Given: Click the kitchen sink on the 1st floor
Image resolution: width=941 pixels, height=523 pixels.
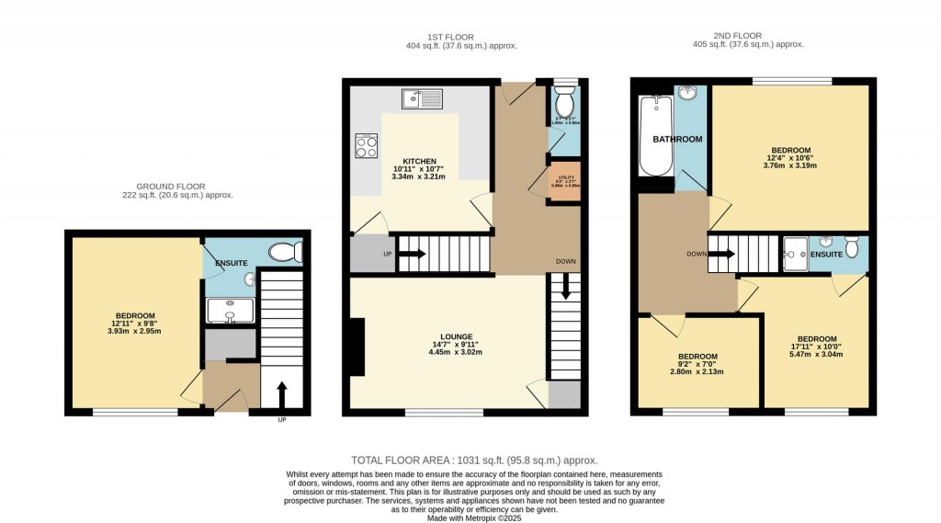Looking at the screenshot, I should point(423,97).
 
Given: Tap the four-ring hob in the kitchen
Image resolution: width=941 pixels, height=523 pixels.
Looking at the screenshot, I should point(367,146).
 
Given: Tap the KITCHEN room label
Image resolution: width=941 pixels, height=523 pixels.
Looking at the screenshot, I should point(404,161).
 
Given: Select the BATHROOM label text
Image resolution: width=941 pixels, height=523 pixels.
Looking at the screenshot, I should point(677,140).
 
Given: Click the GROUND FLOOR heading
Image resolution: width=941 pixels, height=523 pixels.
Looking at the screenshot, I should point(177,186).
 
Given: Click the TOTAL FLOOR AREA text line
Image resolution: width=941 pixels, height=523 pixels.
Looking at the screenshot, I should point(474,460).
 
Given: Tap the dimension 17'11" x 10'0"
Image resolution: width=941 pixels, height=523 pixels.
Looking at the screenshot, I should point(816,347).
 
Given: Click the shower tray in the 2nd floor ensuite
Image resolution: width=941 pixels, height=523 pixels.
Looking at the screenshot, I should point(795,248).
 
